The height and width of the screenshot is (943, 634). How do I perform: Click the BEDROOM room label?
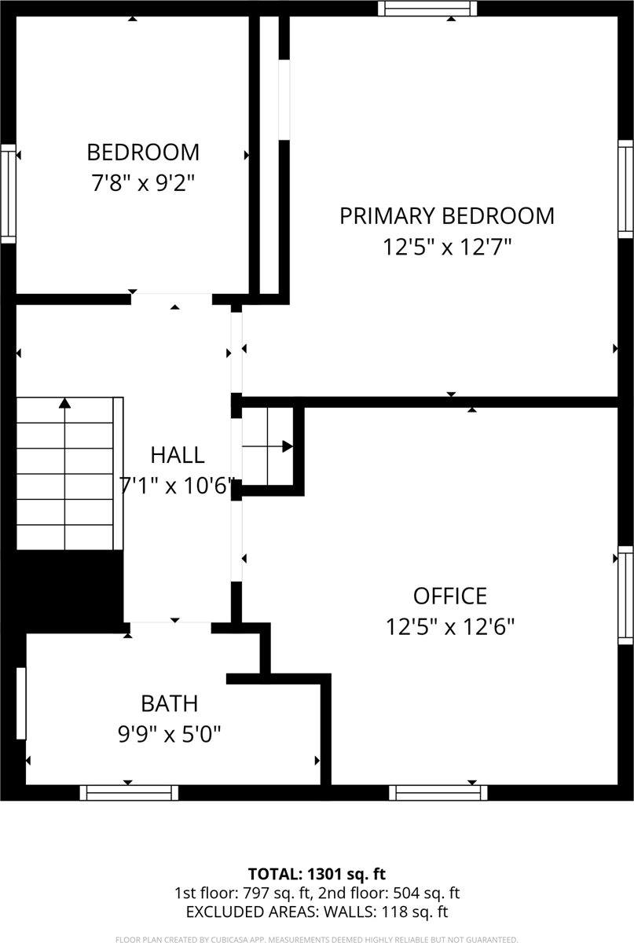pyautogui.click(x=143, y=152)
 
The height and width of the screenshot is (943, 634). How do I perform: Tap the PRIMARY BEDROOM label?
pyautogui.click(x=446, y=215)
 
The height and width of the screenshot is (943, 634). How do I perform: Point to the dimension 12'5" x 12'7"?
pyautogui.click(x=446, y=248)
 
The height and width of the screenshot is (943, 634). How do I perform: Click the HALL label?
pyautogui.click(x=178, y=454)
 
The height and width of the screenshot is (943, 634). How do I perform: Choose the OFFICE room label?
pyautogui.click(x=450, y=596)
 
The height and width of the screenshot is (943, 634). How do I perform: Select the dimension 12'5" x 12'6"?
pyautogui.click(x=450, y=627)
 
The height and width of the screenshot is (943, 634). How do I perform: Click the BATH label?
pyautogui.click(x=169, y=703)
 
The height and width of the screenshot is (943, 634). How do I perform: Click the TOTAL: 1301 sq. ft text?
pyautogui.click(x=317, y=874)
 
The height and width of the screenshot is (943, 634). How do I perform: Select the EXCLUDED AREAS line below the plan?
pyautogui.click(x=317, y=912)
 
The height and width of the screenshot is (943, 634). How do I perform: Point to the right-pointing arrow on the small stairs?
pyautogui.click(x=287, y=446)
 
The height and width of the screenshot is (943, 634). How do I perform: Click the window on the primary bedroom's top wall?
pyautogui.click(x=427, y=9)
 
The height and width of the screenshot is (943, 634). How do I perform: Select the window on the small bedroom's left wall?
pyautogui.click(x=8, y=193)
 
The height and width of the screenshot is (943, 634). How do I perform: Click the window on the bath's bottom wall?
pyautogui.click(x=128, y=792)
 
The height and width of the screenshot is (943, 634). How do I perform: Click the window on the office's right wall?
pyautogui.click(x=625, y=595)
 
